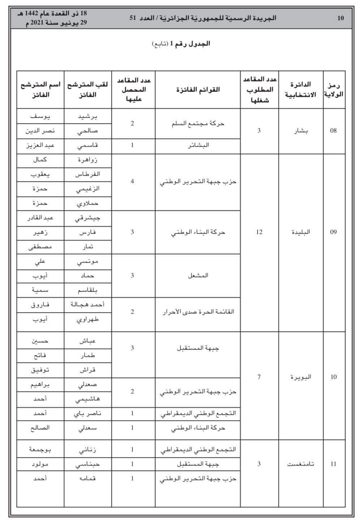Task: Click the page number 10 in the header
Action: tap(340, 18)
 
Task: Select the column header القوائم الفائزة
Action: tap(198, 89)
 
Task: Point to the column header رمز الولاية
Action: tap(334, 89)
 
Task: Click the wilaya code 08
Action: tap(333, 131)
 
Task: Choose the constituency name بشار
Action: tap(301, 131)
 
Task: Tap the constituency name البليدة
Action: tap(301, 232)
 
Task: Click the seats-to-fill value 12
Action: tap(259, 232)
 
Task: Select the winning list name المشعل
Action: tap(198, 275)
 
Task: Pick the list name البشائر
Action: tap(198, 145)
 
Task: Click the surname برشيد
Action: tap(88, 116)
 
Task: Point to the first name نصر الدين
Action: tap(40, 131)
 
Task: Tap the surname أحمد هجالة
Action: tap(88, 304)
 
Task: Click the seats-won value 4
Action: tap(132, 181)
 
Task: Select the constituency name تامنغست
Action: tap(301, 464)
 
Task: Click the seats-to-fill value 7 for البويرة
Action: tap(259, 377)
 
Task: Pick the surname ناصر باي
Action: tap(88, 413)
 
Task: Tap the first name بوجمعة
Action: tap(40, 449)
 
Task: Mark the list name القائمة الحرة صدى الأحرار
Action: tap(198, 311)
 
